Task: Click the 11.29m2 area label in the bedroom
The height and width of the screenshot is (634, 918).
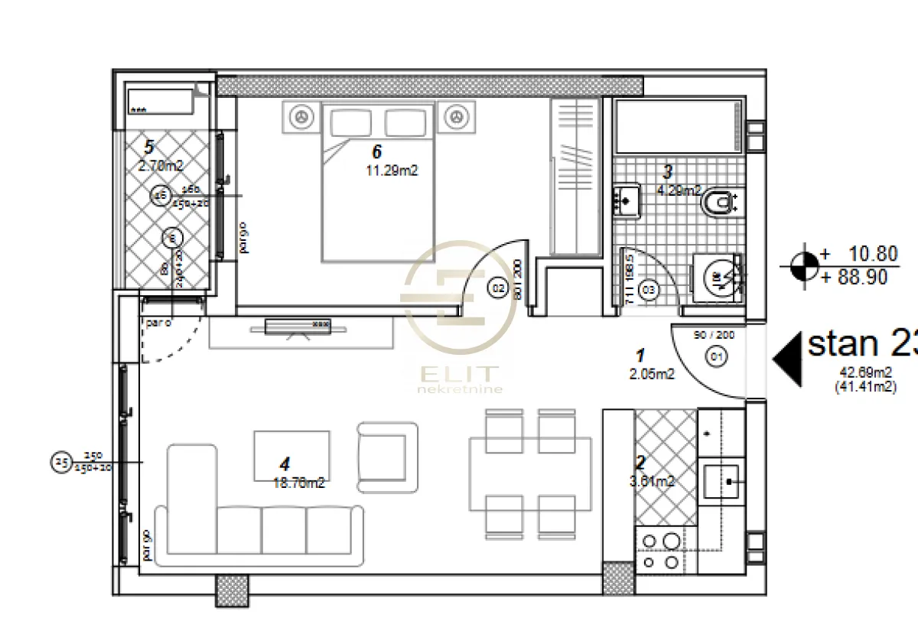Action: [x=392, y=171]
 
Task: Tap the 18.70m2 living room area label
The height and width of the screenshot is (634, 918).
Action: [x=298, y=482]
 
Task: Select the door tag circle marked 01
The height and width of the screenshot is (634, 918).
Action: [x=717, y=355]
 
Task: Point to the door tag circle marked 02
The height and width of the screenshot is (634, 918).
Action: [x=497, y=289]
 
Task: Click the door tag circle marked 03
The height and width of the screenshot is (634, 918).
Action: [x=648, y=290]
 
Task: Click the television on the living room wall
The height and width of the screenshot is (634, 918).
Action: [x=298, y=327]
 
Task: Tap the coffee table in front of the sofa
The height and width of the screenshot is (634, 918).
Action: [x=292, y=456]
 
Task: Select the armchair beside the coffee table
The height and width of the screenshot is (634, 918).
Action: [x=387, y=457]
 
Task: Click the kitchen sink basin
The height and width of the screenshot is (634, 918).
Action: [x=722, y=481]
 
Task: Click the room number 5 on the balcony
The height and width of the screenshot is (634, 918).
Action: [x=149, y=147]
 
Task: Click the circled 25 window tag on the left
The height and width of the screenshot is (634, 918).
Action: [x=60, y=462]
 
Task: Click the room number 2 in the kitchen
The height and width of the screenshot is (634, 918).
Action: [x=641, y=463]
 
